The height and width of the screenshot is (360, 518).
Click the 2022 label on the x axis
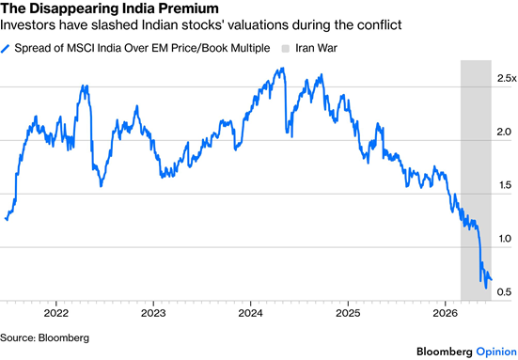click(56, 313)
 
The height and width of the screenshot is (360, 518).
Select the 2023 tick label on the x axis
click(153, 313)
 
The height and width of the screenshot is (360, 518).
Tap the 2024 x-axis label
click(250, 313)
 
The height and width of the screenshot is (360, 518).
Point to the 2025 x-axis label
click(348, 313)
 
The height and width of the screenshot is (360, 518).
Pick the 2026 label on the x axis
click(445, 313)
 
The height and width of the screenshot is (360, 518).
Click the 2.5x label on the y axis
click(507, 78)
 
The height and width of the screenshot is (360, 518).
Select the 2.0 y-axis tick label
click(504, 132)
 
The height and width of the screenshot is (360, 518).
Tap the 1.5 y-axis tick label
click(505, 185)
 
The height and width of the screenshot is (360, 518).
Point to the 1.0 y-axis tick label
click(505, 239)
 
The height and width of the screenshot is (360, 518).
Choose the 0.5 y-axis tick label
click(504, 292)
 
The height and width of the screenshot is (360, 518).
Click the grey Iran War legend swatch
click(286, 49)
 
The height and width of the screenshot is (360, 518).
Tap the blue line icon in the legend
click(5, 49)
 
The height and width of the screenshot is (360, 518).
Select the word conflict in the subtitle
click(379, 24)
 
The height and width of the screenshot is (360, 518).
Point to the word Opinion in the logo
click(496, 352)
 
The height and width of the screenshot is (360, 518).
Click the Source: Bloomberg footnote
click(44, 337)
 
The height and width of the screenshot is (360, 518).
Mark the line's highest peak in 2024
click(283, 68)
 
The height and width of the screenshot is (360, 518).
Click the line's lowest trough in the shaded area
click(486, 288)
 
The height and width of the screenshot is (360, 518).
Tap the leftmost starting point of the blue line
click(6, 218)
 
